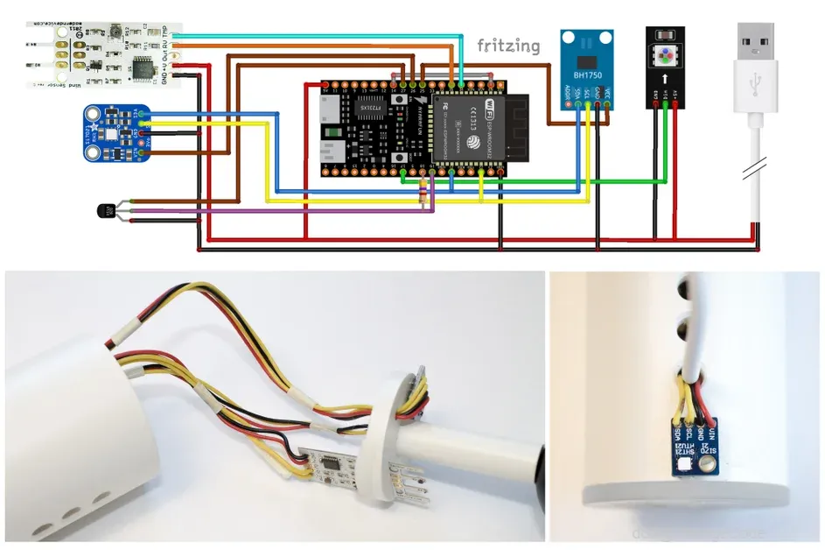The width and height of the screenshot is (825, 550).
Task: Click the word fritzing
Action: tap(508, 46)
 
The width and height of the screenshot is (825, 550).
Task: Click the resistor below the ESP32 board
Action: tap(425, 194)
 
